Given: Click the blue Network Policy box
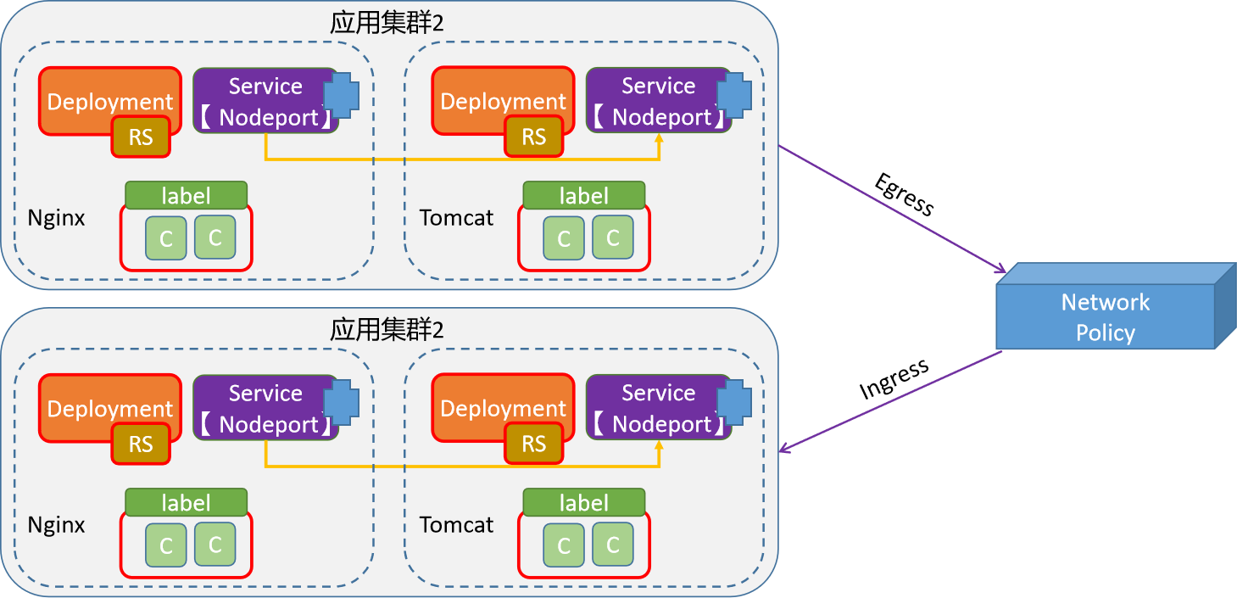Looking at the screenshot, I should tap(1106, 316).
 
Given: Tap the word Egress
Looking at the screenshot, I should tap(904, 195).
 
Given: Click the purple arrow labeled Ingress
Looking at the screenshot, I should tap(890, 400).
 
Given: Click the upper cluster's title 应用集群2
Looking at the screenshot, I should tap(387, 22).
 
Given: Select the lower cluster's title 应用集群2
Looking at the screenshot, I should tap(387, 329).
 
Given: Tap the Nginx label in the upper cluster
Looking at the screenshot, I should tap(56, 218).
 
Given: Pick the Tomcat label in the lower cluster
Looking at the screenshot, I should tap(456, 525).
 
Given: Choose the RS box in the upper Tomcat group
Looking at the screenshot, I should tap(533, 137).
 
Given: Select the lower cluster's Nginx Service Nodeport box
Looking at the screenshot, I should tap(265, 408).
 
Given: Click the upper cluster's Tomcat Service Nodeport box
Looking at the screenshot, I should tap(658, 101).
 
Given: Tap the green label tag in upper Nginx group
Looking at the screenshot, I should tap(186, 196).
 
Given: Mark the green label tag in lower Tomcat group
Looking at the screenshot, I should tap(583, 503).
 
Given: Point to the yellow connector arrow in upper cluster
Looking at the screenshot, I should tap(462, 159).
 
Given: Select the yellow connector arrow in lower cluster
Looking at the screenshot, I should tap(462, 467).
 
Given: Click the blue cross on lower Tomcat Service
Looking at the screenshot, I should tap(734, 401).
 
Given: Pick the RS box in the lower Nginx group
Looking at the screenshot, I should tap(141, 444).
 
